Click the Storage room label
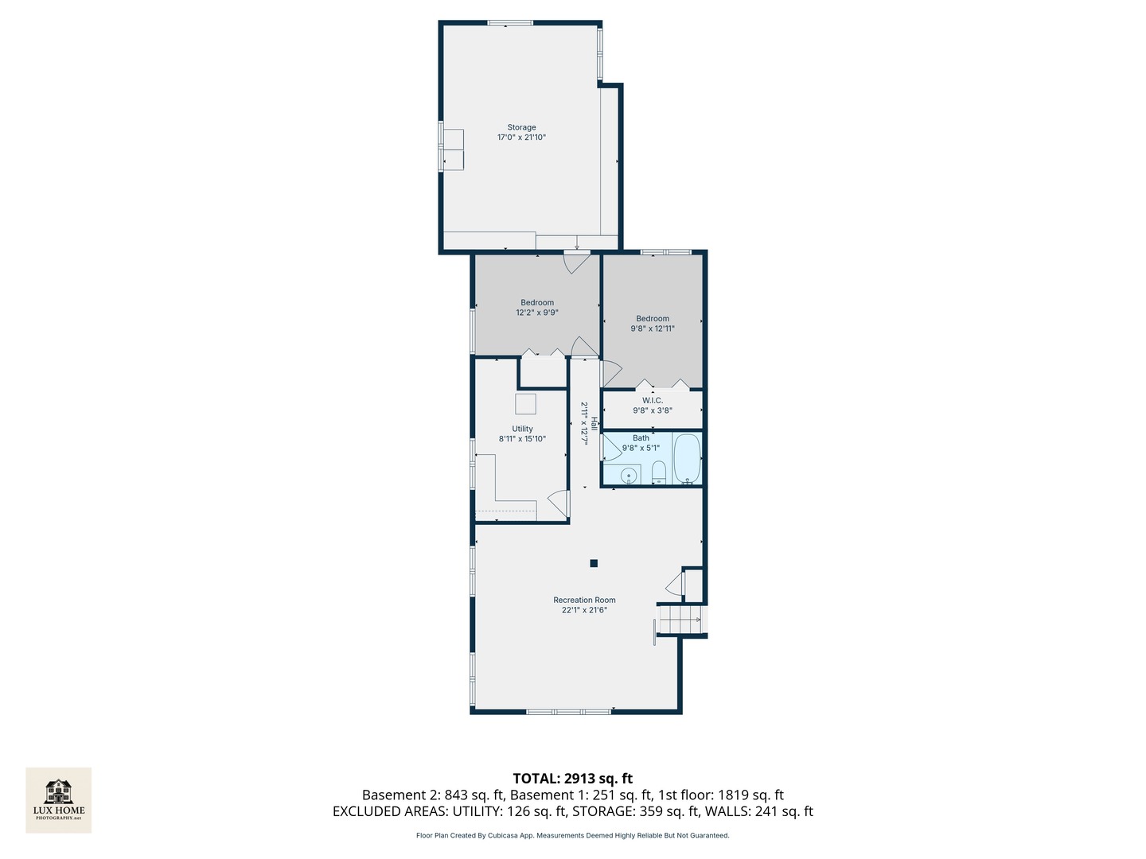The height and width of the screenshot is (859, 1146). (521, 127)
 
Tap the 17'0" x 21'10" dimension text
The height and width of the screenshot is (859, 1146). (521, 137)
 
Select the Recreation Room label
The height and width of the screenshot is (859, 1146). (584, 600)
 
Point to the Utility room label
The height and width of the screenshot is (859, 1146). (522, 429)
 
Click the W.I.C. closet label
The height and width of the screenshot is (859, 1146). (652, 400)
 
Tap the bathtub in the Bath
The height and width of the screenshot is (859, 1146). (687, 459)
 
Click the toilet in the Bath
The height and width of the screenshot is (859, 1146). (660, 472)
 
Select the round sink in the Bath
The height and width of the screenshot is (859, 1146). (630, 475)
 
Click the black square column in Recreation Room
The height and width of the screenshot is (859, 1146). (594, 563)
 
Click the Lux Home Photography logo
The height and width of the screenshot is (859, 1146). (58, 800)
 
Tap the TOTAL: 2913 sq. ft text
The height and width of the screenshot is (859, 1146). (573, 778)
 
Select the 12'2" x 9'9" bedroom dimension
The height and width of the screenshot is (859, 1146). (537, 313)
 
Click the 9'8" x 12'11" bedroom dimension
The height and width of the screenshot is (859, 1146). (652, 328)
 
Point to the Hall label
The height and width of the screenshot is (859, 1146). (594, 423)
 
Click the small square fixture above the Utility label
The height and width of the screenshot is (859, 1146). (526, 404)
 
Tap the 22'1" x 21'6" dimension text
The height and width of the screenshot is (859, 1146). (584, 610)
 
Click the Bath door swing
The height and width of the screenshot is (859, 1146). (613, 448)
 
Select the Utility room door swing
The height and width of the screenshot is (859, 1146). (559, 503)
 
